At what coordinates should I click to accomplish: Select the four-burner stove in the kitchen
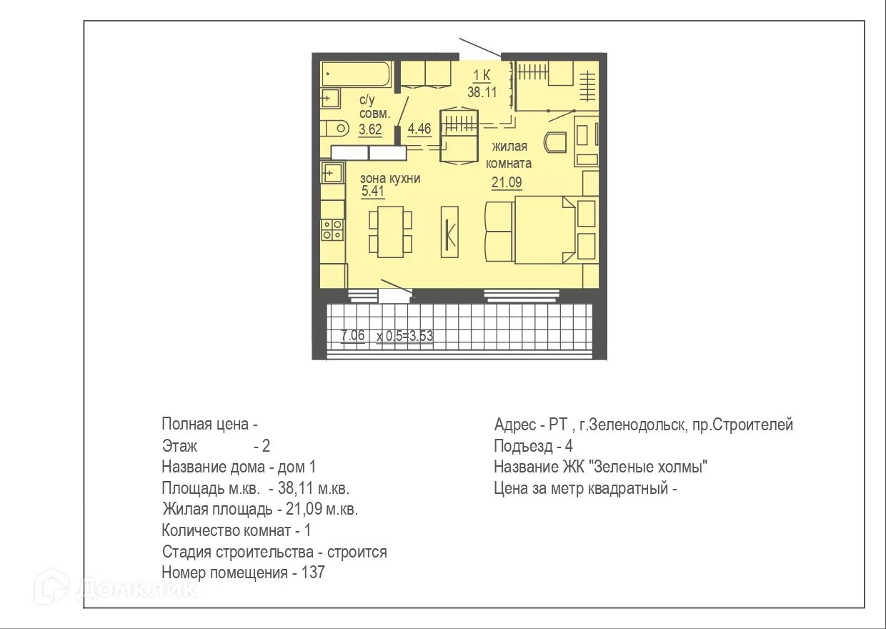332,229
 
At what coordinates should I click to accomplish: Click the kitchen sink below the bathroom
332,172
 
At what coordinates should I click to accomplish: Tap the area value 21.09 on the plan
506,182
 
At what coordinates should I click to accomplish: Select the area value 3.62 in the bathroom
370,129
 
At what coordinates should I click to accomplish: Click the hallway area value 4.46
419,129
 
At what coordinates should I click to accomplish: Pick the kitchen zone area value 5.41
373,192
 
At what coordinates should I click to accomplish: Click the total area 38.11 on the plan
483,91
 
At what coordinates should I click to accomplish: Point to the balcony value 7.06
353,335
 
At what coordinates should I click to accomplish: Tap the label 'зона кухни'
390,178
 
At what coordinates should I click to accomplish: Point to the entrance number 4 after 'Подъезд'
569,446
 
